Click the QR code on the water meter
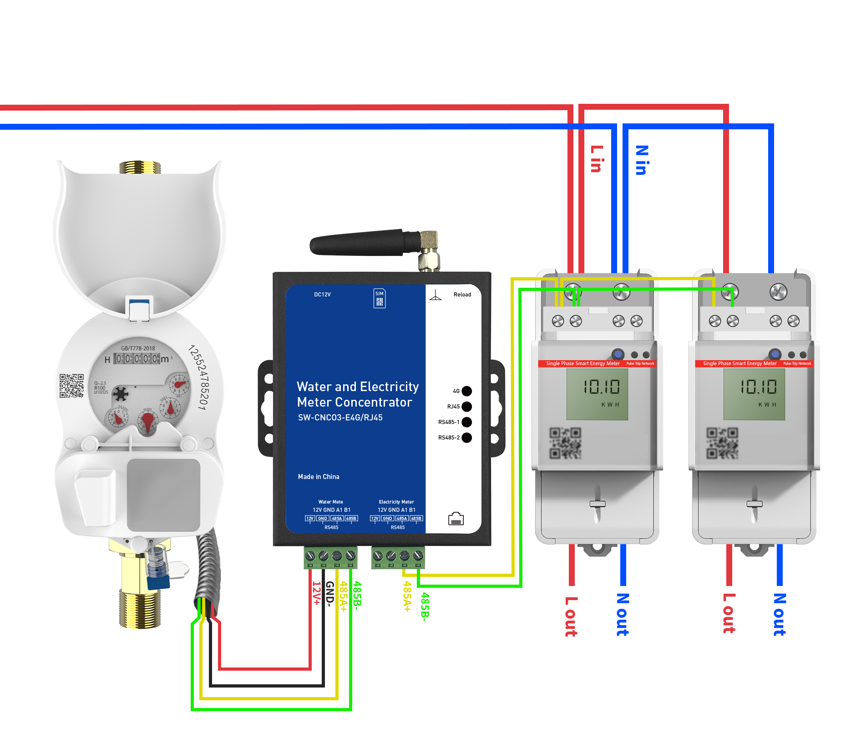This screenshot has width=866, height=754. click(71, 386)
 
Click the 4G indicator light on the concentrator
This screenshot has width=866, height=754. click(466, 391)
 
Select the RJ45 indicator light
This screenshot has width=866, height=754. click(466, 407)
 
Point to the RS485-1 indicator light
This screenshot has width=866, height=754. click(466, 422)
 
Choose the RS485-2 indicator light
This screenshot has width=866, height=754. click(466, 438)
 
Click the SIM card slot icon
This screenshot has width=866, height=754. click(380, 298)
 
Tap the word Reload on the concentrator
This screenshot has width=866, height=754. click(462, 295)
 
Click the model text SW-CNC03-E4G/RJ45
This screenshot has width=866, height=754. click(340, 418)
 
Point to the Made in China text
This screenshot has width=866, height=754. click(319, 477)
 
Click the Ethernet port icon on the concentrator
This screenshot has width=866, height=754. click(456, 519)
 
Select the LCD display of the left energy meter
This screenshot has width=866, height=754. click(597, 394)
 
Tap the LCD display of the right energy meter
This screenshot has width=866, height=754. click(754, 394)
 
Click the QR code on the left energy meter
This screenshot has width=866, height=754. click(565, 443)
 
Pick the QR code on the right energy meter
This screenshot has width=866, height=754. click(722, 443)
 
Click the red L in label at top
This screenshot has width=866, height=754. click(597, 159)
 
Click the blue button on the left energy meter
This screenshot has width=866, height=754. click(618, 354)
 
